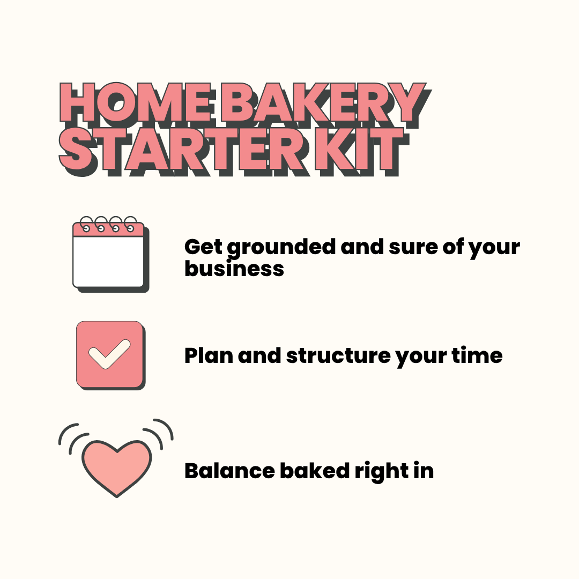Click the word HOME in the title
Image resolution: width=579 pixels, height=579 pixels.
click(x=136, y=103)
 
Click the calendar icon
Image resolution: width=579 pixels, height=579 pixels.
click(x=109, y=254)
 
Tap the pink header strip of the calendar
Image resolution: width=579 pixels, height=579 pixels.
click(x=109, y=229)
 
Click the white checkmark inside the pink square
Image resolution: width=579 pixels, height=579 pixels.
click(x=109, y=354)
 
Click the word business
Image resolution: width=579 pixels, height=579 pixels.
click(x=234, y=268)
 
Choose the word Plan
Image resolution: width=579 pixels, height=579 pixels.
click(x=209, y=355)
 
